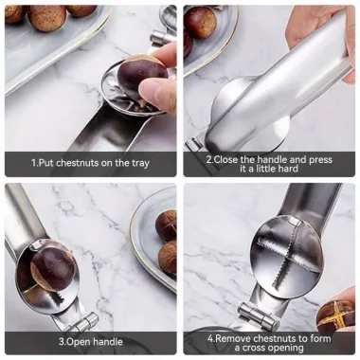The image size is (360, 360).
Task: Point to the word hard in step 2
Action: pyautogui.click(x=289, y=171)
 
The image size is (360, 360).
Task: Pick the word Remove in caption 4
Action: pyautogui.click(x=233, y=336)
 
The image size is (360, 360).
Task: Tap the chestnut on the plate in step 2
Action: pyautogui.click(x=200, y=24)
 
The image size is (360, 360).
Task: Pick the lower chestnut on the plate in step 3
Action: pyautogui.click(x=169, y=258)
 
